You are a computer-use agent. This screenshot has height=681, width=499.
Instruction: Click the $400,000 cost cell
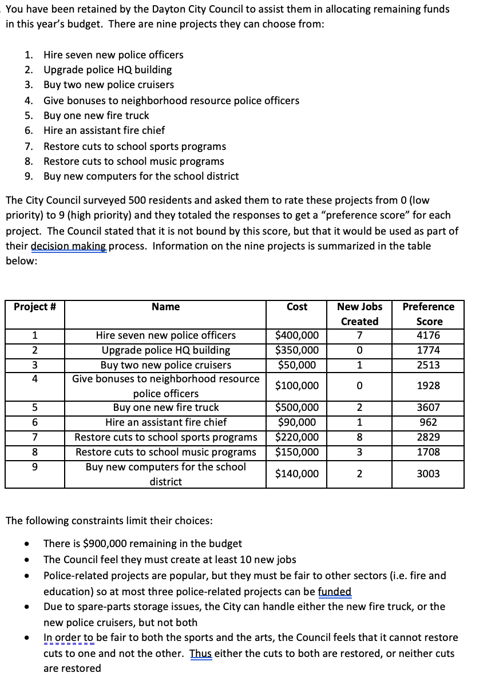pos(297,335)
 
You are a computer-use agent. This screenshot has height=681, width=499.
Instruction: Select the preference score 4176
pos(428,335)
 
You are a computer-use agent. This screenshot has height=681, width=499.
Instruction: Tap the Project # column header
pos(34,307)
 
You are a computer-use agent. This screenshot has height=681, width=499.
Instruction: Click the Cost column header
pos(297,307)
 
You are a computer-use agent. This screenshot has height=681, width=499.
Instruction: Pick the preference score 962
pos(428,422)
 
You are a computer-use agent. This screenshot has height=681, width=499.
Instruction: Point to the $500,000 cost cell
pos(297,408)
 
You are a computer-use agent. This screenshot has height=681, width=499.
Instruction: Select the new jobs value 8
pos(359,437)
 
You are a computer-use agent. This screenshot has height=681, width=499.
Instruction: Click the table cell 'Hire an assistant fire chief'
pos(166,422)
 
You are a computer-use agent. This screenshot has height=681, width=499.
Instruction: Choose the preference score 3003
pos(428,474)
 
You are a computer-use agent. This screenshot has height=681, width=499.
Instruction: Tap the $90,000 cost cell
pos(297,422)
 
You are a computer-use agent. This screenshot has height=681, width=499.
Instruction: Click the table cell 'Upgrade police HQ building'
pos(166,350)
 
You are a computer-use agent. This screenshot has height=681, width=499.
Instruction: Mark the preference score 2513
pos(428,365)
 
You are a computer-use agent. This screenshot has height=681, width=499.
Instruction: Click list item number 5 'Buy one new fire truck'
pos(96,115)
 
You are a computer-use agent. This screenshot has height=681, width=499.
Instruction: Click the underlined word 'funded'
pos(335,592)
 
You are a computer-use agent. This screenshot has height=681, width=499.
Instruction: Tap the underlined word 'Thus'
pos(201,653)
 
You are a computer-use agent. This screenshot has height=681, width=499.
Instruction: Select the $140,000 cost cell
pos(297,474)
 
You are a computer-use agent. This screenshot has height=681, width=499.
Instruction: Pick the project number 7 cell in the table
pos(34,437)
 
